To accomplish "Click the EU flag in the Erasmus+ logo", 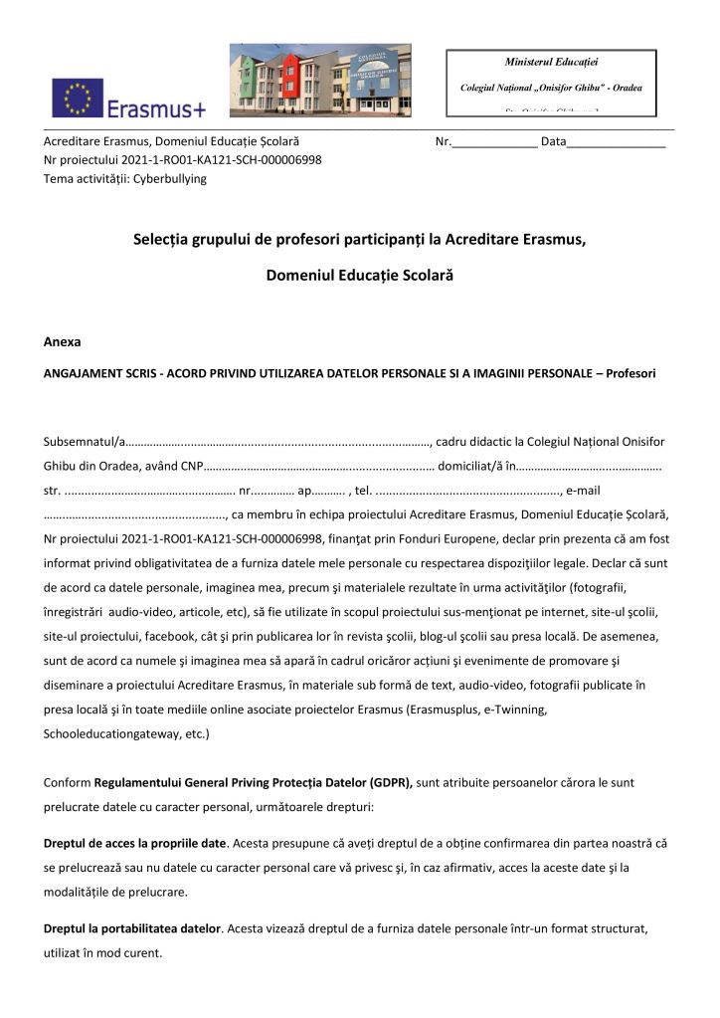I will click(78, 98).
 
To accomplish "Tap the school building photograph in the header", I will click(320, 80).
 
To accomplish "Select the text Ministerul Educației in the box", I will click(551, 63).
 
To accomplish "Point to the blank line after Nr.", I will click(494, 142).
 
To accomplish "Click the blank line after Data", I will click(616, 142).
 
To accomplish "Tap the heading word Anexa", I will click(63, 341).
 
